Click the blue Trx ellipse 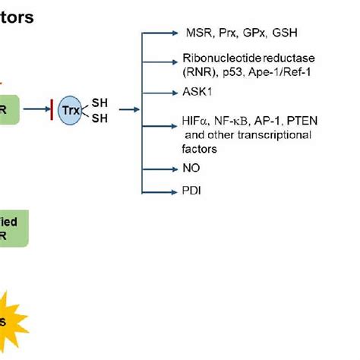[71, 110]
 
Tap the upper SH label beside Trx [99, 101]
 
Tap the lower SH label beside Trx [99, 119]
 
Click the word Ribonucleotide [220, 58]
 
